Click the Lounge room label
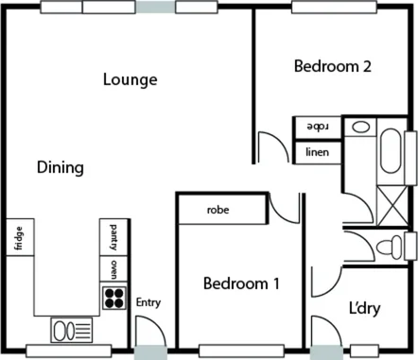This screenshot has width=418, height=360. [130, 79]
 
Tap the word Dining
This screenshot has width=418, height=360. [61, 167]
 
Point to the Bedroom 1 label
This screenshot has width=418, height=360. [242, 283]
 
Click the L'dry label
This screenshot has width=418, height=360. [365, 308]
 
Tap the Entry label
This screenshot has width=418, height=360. [149, 302]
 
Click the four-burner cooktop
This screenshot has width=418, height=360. [114, 299]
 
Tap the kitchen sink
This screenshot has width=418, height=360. [71, 331]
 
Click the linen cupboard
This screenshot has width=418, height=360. [316, 151]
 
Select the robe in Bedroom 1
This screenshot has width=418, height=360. [219, 211]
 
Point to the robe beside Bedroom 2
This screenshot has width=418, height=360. [316, 127]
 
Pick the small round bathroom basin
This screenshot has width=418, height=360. [360, 127]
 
